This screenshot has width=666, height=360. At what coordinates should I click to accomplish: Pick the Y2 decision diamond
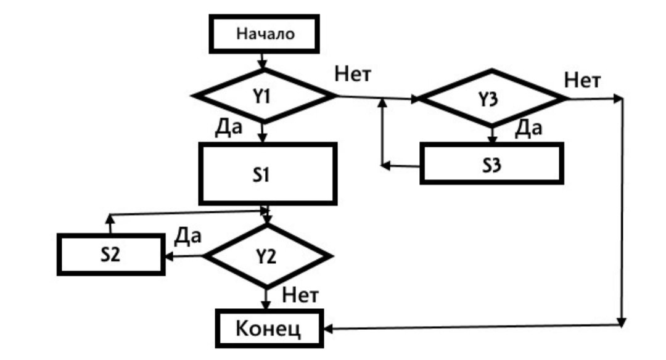coord(266,256)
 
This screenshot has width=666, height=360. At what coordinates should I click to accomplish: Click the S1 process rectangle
coord(266,174)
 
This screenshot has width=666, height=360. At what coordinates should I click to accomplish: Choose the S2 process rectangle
coord(112,254)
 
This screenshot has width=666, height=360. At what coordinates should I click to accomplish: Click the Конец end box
coord(269,329)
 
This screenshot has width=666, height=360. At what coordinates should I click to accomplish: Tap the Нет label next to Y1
coord(353,75)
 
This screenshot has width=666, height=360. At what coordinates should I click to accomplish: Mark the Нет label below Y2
coord(299,295)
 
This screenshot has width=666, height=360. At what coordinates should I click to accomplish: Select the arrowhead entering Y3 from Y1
coord(414,98)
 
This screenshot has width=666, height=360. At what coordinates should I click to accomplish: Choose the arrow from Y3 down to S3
coord(491,134)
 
